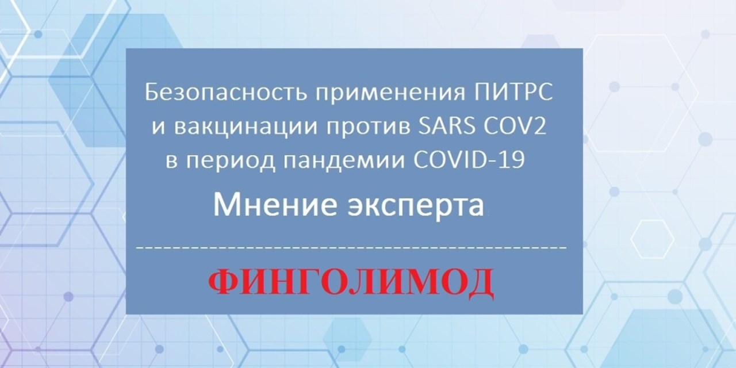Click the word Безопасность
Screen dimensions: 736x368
point(226,93)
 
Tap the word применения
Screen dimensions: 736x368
point(390,93)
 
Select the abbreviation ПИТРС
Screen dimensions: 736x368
point(513,93)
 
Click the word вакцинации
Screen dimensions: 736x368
point(246,128)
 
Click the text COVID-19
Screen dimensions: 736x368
point(469,160)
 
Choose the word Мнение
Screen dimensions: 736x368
point(275,205)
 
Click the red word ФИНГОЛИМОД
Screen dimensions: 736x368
point(351,284)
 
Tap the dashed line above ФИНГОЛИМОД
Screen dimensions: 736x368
point(351,247)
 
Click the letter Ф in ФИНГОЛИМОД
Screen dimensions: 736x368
point(224,282)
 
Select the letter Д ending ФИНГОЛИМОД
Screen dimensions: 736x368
point(480,285)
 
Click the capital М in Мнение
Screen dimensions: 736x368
point(226,205)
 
